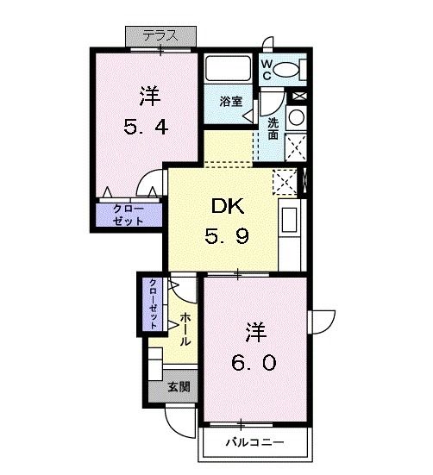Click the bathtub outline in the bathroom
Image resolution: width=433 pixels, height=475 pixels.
pyautogui.click(x=228, y=68)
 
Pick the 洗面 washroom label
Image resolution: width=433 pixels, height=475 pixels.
pyautogui.click(x=272, y=128)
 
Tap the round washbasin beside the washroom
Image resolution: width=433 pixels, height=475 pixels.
pyautogui.click(x=296, y=117)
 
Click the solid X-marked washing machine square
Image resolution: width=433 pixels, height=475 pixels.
pyautogui.click(x=296, y=147)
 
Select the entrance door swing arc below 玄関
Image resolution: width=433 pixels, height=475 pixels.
pyautogui.click(x=179, y=422)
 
